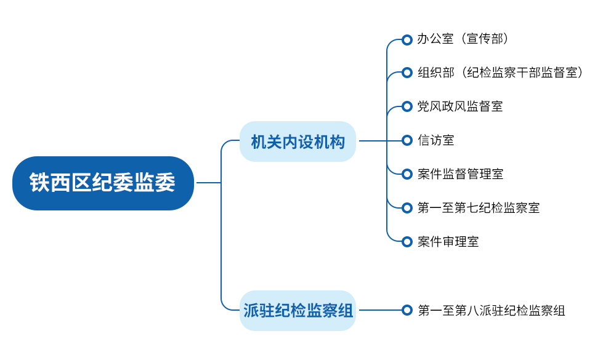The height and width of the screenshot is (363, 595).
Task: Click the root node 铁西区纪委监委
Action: coord(103,183)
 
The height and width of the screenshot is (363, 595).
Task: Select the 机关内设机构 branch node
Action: coord(298,142)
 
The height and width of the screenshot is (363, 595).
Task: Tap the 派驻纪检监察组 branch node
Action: coord(298,310)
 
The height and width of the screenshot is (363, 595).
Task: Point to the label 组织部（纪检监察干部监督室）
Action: coord(500,73)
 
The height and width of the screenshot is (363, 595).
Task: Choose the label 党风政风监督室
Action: coord(460,106)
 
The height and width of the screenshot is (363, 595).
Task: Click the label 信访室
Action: coord(435,140)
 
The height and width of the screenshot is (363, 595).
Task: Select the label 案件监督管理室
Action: coord(460,174)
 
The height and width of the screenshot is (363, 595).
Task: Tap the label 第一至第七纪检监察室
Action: coord(479,207)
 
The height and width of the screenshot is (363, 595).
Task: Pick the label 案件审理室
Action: coord(448,241)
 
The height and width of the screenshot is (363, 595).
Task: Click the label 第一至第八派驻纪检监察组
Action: coord(491,310)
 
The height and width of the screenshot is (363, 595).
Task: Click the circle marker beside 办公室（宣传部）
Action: coord(407,39)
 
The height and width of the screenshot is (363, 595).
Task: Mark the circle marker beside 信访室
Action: coord(407,140)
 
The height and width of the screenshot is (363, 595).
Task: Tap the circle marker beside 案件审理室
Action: coord(407,242)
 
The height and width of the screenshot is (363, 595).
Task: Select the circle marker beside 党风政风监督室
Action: coord(407,106)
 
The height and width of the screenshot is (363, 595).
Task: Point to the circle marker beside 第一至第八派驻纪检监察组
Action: coord(407,310)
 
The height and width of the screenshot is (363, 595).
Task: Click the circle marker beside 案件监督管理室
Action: coord(407,174)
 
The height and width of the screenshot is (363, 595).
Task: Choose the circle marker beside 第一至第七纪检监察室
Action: coord(407,208)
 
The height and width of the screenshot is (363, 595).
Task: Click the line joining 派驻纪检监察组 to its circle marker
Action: coord(380,310)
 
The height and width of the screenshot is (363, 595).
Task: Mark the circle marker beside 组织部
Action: coord(407,73)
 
